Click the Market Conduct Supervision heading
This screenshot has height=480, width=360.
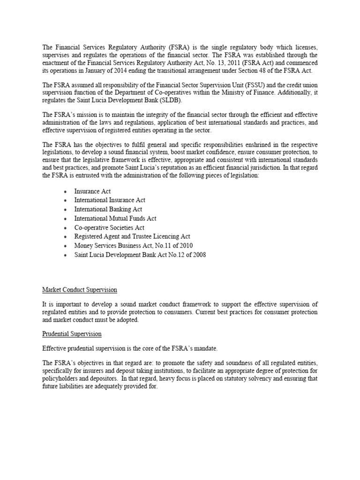click(x=79, y=290)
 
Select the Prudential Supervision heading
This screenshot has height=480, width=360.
click(x=72, y=334)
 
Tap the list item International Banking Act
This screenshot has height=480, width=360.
click(x=108, y=209)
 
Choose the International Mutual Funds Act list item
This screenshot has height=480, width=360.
click(x=115, y=218)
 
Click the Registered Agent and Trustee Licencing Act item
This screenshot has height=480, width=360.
click(x=132, y=237)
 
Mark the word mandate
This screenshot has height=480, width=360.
click(x=195, y=349)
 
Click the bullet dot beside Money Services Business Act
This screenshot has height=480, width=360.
click(x=65, y=246)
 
